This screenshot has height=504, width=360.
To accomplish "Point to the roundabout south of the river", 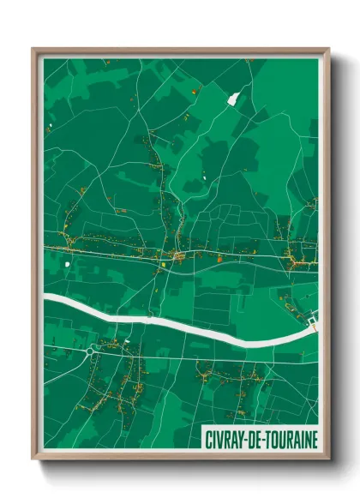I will click(91, 350).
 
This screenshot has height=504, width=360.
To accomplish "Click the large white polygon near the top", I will click(231, 99).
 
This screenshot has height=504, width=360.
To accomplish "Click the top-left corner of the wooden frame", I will click(33, 49).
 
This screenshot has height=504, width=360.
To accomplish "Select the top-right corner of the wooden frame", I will click(328, 49).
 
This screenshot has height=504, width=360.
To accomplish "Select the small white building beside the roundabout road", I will click(128, 342).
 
